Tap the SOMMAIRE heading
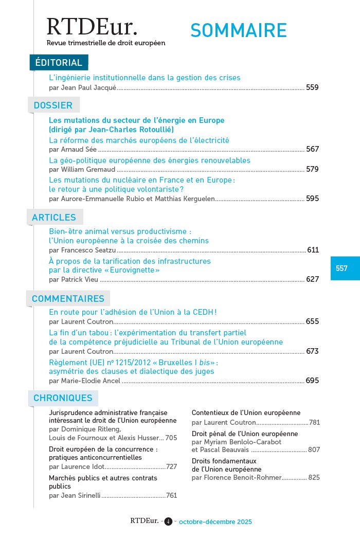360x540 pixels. pyautogui.click(x=238, y=31)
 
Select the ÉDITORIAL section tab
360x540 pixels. pyautogui.click(x=59, y=63)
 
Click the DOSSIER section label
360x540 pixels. pyautogui.click(x=53, y=105)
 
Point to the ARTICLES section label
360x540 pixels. pyautogui.click(x=54, y=218)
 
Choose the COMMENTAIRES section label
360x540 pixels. pyautogui.click(x=68, y=299)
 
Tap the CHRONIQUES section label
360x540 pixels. pyautogui.click(x=63, y=398)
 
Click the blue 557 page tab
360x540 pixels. pyautogui.click(x=342, y=268)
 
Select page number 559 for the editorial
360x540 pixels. pyautogui.click(x=312, y=88)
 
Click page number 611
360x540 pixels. pyautogui.click(x=313, y=250)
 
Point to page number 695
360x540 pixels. pyautogui.click(x=312, y=381)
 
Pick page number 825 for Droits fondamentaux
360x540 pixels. pyautogui.click(x=314, y=478)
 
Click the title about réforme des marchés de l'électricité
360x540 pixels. pyautogui.click(x=139, y=140)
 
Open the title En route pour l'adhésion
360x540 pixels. pyautogui.click(x=133, y=312)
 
